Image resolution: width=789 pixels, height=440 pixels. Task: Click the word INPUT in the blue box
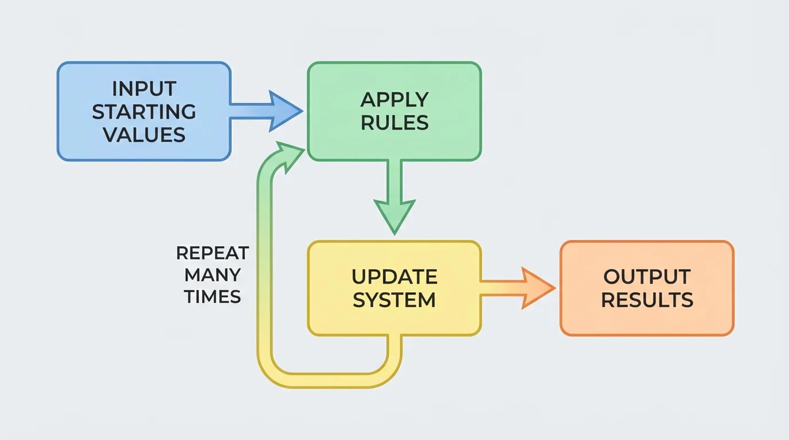144,89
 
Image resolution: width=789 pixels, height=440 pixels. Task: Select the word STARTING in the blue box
144,112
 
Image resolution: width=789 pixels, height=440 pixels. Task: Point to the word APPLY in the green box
394,100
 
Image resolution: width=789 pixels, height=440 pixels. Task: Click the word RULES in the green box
394,123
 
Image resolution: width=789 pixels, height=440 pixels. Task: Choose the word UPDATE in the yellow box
394,277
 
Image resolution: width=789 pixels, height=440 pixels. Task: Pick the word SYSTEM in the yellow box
394,300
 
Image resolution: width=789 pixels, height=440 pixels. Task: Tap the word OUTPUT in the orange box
647,277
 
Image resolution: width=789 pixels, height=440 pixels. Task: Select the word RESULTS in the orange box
647,300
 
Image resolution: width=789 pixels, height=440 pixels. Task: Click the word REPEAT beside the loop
212,253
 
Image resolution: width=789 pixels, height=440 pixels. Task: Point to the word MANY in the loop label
212,275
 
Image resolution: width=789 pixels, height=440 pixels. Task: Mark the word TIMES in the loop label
212,296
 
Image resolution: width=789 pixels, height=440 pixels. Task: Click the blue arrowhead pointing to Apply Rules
284,111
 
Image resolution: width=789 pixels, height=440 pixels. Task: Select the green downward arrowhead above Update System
394,214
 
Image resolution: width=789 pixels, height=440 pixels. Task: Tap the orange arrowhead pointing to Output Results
537,288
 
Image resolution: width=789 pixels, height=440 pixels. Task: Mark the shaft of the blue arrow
249,111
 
